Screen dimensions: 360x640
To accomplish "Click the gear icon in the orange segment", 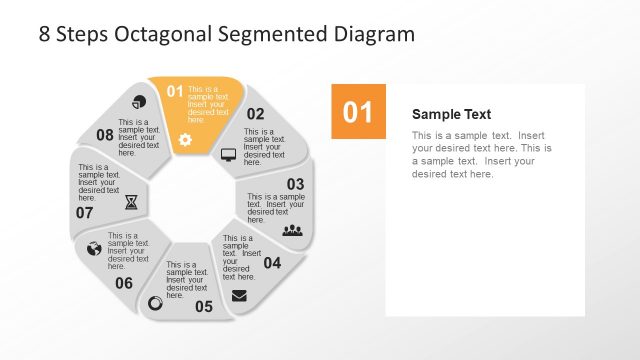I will pyautogui.click(x=185, y=140).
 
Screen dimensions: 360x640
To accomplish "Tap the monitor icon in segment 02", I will pyautogui.click(x=228, y=155).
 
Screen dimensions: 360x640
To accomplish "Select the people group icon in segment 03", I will pyautogui.click(x=292, y=230).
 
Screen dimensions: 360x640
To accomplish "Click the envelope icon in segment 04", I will pyautogui.click(x=239, y=295).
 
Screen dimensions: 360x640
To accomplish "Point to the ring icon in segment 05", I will pyautogui.click(x=155, y=302).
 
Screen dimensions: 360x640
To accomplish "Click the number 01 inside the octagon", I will pyautogui.click(x=175, y=91).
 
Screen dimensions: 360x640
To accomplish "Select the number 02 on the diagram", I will pyautogui.click(x=256, y=114).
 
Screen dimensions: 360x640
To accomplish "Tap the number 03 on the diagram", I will pyautogui.click(x=295, y=184).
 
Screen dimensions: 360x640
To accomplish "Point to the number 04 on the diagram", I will pyautogui.click(x=272, y=263).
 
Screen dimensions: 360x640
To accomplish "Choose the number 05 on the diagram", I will pyautogui.click(x=204, y=306).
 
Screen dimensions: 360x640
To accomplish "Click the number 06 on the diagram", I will pyautogui.click(x=123, y=283).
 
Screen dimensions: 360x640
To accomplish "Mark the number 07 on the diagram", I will pyautogui.click(x=84, y=212).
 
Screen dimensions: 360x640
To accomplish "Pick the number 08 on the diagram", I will pyautogui.click(x=105, y=134).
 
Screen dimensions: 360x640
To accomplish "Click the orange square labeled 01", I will pyautogui.click(x=358, y=112).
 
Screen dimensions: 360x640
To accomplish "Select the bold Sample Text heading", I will pyautogui.click(x=451, y=114).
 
